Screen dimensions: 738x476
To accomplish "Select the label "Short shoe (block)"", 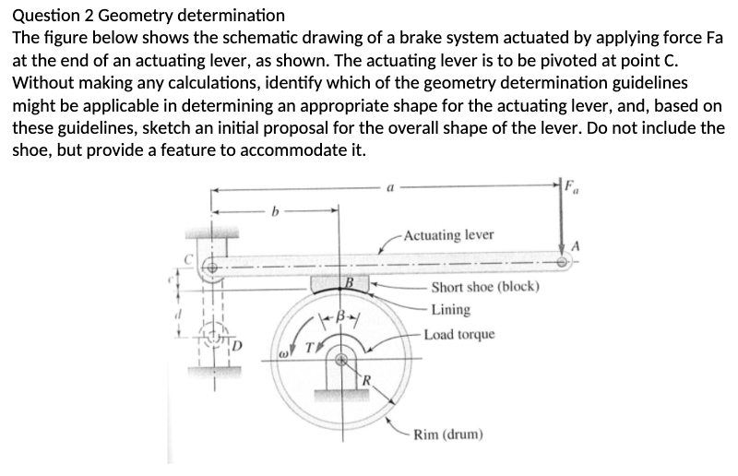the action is (x=484, y=287).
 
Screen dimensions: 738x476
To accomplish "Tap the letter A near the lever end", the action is (x=578, y=244).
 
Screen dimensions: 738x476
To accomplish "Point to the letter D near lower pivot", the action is (x=237, y=347).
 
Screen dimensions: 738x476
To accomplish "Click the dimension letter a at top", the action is (x=393, y=187).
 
